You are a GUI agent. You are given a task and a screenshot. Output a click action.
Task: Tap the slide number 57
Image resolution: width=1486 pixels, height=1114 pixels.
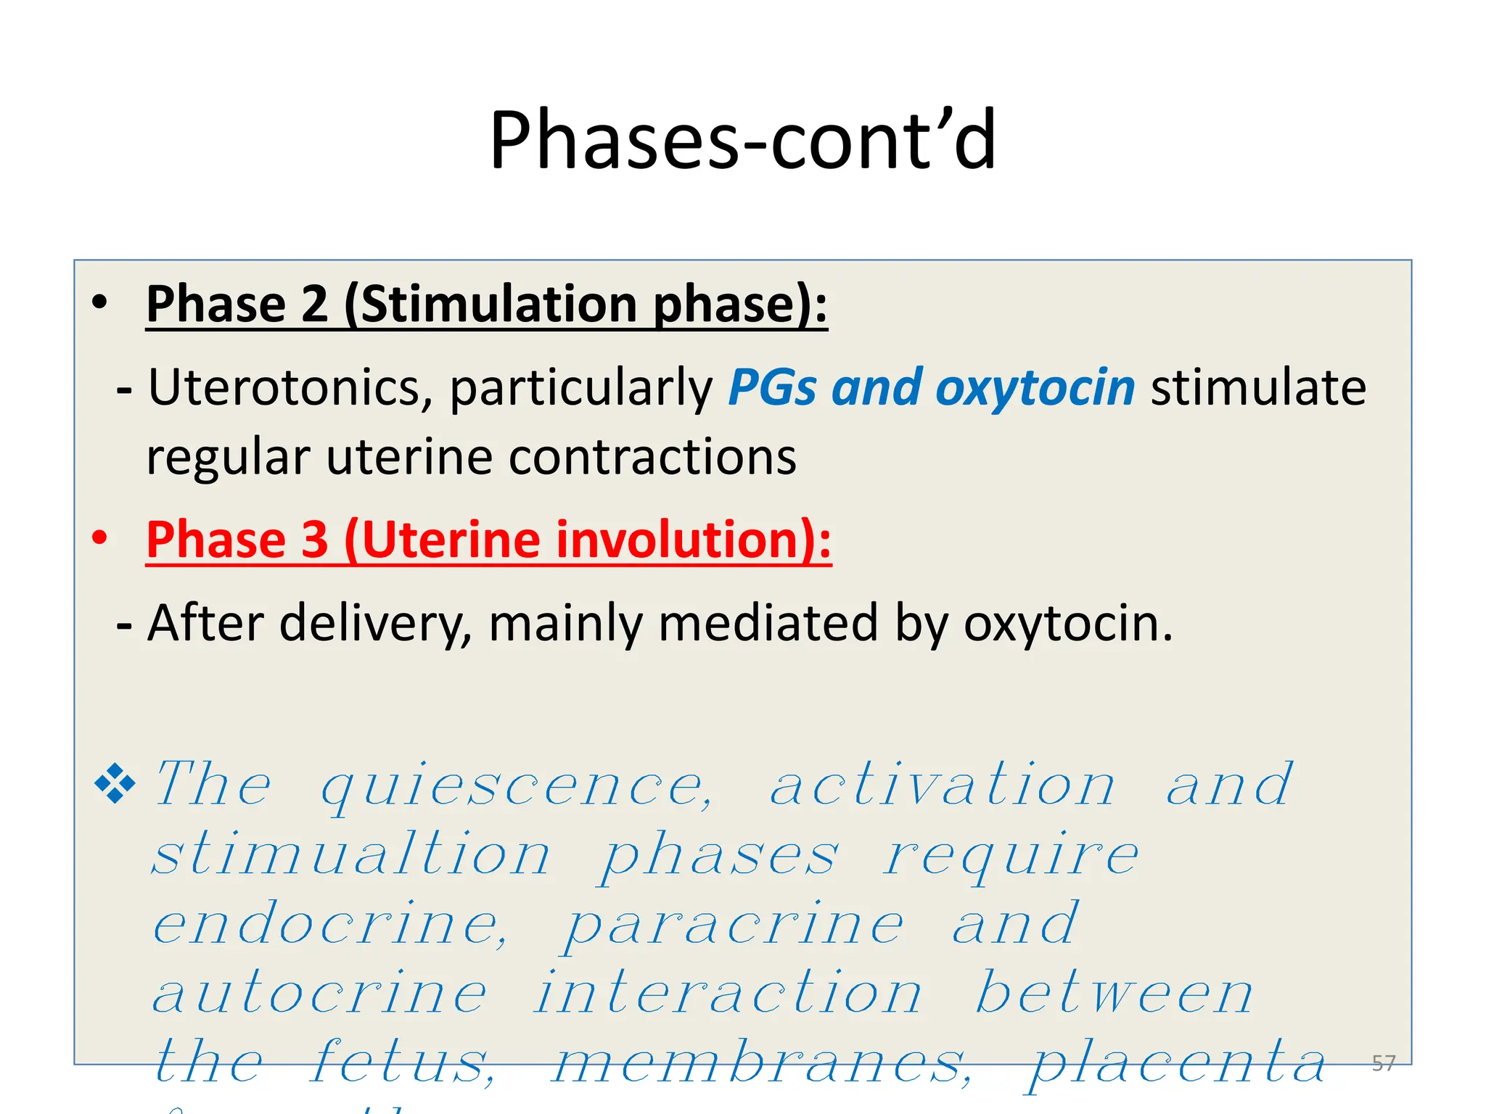tap(1383, 1063)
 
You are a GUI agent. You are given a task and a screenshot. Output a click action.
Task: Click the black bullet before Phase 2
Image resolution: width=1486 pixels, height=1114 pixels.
tap(100, 302)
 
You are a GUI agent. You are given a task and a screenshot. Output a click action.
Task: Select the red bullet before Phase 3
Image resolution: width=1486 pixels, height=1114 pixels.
tap(100, 538)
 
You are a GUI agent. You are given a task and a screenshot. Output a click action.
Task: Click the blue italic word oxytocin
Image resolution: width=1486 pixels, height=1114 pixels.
tap(1035, 387)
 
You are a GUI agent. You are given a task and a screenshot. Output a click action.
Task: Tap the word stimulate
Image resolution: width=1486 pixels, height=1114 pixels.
tap(1258, 387)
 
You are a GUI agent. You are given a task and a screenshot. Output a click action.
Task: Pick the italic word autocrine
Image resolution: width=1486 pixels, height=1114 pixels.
tap(319, 994)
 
